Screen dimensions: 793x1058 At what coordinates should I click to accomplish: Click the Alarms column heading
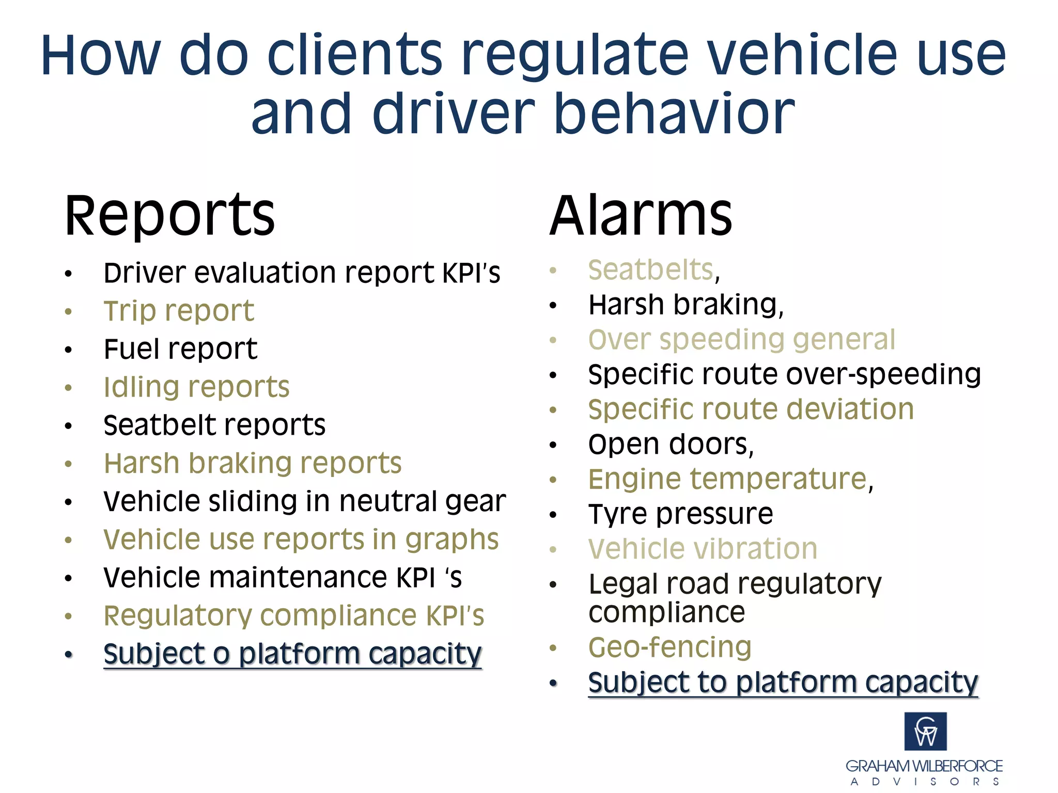641,216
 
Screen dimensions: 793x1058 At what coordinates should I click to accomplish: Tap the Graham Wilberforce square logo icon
925,731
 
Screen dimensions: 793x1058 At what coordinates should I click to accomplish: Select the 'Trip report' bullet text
179,311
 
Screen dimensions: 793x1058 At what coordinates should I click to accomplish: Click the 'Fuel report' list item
180,349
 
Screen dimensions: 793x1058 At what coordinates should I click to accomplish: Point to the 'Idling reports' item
196,387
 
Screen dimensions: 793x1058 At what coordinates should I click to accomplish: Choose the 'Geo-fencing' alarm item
670,647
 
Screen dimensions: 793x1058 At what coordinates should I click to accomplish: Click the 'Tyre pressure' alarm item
680,514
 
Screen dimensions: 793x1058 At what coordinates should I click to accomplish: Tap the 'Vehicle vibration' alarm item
703,549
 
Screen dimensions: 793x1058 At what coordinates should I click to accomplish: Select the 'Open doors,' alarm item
671,445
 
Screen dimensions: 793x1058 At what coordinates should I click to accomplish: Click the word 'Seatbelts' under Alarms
651,270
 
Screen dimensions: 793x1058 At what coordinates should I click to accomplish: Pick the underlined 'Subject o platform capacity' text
292,654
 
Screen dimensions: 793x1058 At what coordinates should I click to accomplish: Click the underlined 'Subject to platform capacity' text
783,683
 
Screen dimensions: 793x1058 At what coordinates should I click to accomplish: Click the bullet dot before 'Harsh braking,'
553,306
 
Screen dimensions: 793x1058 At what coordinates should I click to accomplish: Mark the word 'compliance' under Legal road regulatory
666,612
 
